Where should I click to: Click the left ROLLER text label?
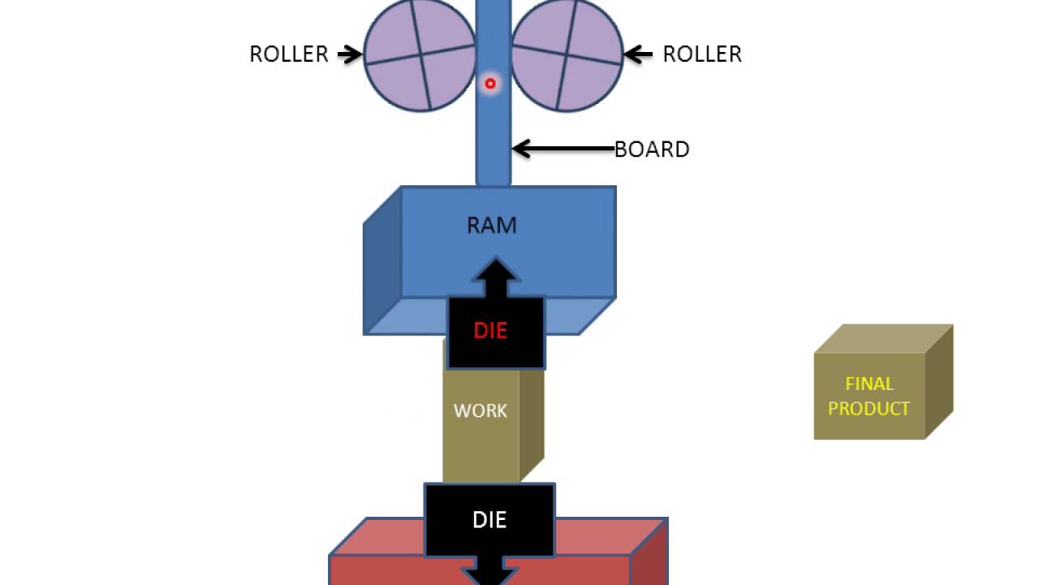289,54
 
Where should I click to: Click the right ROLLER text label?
702,54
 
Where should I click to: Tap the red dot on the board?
490,84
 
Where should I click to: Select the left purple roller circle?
420,54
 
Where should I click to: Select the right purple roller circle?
567,54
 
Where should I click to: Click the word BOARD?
652,149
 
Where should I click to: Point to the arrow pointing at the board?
563,149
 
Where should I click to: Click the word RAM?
492,226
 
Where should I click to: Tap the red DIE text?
490,331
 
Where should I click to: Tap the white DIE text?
489,520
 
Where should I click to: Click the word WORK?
480,411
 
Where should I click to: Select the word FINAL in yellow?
869,384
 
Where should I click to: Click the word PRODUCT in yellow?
869,409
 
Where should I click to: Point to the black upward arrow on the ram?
495,278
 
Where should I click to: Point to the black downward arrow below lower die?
489,571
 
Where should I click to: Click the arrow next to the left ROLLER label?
350,54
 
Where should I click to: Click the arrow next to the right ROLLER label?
638,54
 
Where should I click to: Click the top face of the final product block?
884,339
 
